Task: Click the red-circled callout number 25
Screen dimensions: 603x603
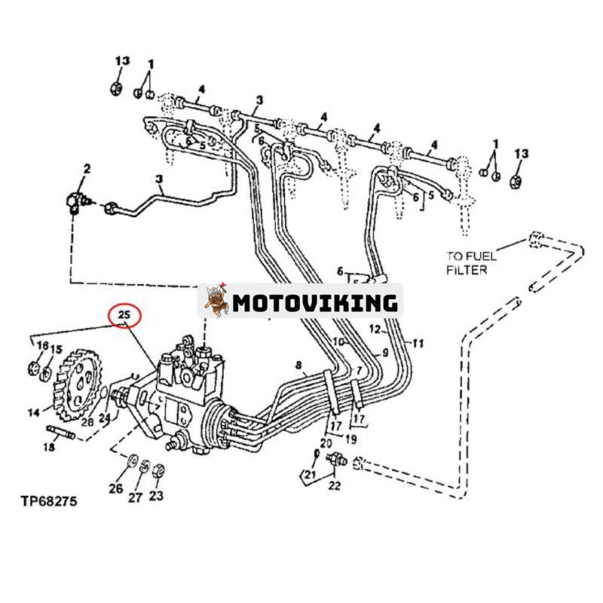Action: pos(123,314)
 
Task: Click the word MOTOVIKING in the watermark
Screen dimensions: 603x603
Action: pos(314,303)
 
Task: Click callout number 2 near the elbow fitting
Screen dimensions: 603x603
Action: pos(87,170)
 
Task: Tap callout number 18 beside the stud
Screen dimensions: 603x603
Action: pos(49,448)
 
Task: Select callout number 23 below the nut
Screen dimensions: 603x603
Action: pos(157,495)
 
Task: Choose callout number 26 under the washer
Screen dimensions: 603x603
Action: pos(115,488)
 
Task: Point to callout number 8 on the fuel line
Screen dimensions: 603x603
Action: pos(299,366)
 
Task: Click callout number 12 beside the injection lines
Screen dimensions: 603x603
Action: pos(375,329)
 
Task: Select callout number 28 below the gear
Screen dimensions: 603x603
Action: pos(88,422)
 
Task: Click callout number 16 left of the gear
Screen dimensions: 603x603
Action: pos(43,345)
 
